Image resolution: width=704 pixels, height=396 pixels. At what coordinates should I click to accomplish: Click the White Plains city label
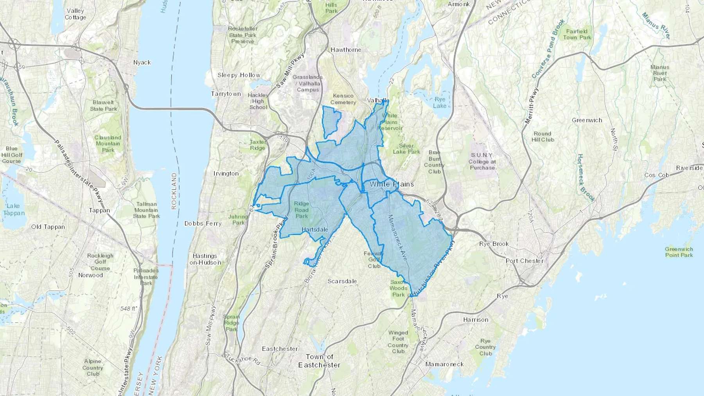(392, 184)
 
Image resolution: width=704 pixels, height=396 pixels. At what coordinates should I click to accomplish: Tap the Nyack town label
(142, 63)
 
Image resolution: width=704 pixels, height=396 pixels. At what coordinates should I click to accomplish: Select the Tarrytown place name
(226, 94)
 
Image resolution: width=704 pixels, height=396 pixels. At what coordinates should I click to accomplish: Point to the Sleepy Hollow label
(239, 75)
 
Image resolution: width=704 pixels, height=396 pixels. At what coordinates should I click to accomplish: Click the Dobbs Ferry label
(203, 224)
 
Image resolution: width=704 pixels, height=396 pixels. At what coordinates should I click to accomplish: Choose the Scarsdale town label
(342, 281)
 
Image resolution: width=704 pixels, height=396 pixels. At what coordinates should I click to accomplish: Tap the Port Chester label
(524, 261)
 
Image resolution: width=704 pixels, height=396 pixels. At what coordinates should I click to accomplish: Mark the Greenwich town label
(587, 120)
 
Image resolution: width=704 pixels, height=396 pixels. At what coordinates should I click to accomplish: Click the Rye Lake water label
(440, 102)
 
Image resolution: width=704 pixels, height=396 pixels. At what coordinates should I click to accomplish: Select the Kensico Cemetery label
(343, 99)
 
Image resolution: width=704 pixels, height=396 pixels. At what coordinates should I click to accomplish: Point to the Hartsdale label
(315, 229)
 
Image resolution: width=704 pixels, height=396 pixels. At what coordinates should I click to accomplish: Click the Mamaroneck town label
(444, 364)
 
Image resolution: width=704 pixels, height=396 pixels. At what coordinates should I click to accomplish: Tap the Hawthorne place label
(346, 50)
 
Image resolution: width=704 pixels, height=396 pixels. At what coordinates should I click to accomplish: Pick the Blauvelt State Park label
(103, 106)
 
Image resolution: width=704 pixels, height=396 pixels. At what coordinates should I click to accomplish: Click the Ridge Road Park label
(301, 210)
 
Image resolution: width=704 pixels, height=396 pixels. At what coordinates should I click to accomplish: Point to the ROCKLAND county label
(174, 191)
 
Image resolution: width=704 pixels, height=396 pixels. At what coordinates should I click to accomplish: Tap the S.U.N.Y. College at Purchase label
(482, 161)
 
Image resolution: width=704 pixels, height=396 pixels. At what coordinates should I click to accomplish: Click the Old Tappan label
(48, 227)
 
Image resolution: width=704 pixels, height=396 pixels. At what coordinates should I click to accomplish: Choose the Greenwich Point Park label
(679, 252)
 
